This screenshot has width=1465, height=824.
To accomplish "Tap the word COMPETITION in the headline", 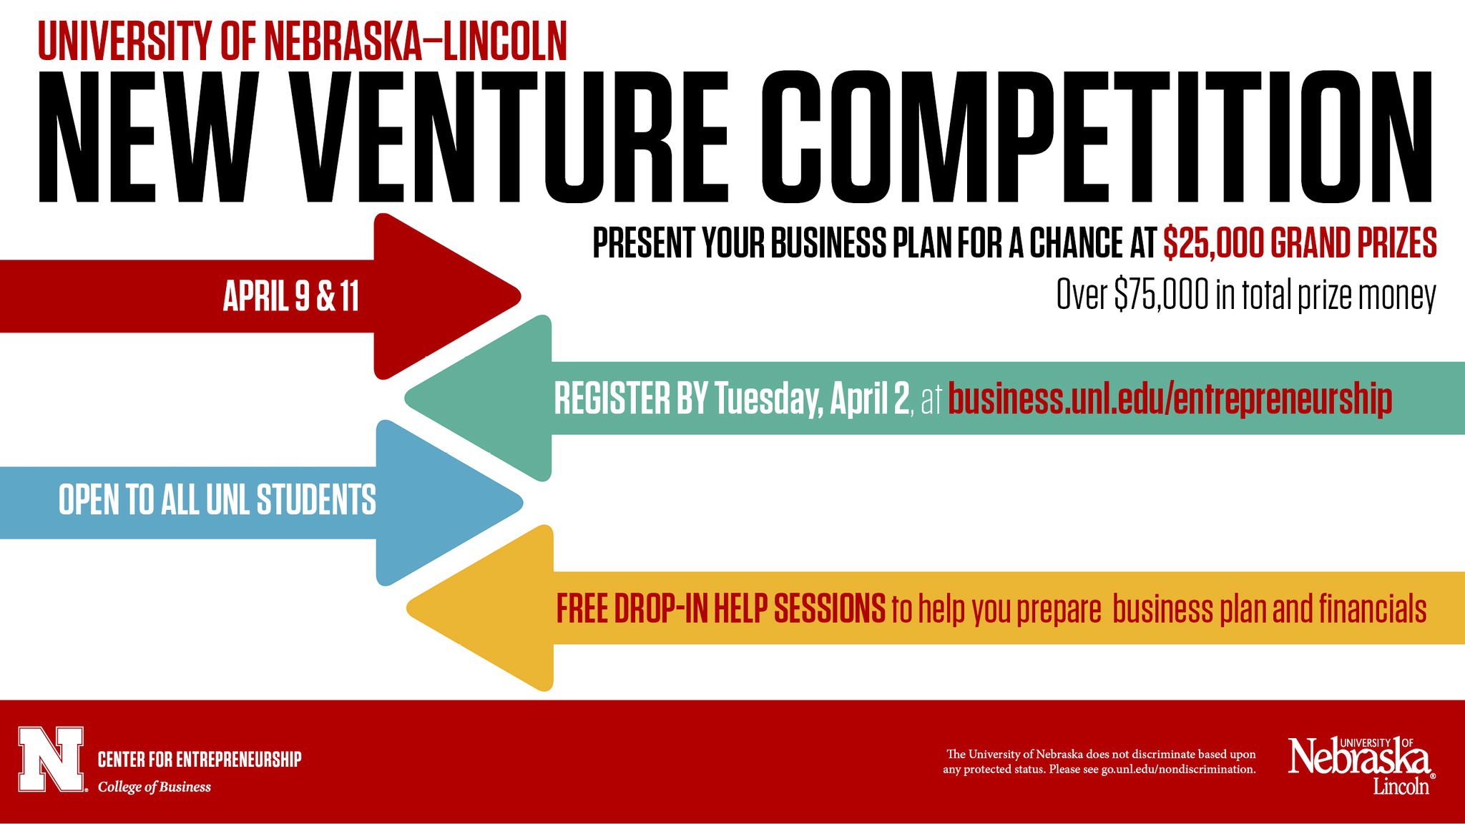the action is pos(1097,137).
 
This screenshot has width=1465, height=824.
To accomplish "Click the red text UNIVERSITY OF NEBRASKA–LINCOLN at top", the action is pos(302,41).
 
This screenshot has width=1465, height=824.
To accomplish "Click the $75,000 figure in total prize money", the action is pos(1161,295).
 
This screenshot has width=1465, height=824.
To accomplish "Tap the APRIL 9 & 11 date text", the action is pos(290,296).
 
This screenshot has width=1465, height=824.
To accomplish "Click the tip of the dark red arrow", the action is pos(520,295).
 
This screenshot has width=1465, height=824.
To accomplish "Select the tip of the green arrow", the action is pos(406,398).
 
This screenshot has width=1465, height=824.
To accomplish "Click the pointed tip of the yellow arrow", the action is pos(408,609).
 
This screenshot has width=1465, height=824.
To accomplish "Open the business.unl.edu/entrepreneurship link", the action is pos(1170,399).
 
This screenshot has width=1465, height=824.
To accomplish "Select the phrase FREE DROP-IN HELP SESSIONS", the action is pos(721,609).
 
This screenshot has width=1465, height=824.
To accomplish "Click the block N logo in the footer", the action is pos(51,760).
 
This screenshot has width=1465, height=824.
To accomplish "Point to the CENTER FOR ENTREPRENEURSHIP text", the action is pos(200,759).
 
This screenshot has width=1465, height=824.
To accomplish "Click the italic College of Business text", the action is pos(155,787).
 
